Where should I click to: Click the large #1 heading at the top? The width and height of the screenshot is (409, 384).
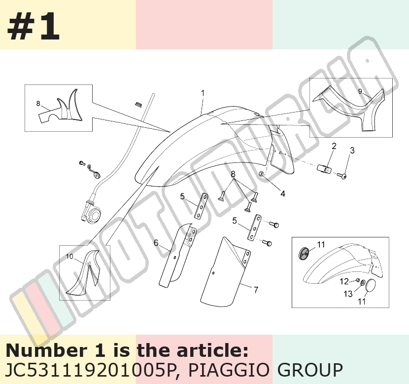pos(34,26)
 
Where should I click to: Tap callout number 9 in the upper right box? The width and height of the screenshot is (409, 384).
pos(360,91)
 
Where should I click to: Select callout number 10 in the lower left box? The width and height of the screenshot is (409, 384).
pos(69,257)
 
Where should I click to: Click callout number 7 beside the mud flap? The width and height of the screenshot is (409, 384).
pos(256,289)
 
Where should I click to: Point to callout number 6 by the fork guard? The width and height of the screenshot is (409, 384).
pos(156,243)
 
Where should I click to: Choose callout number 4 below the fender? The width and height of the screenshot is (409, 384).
pos(283,193)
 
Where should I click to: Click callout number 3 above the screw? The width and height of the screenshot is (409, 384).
pos(352,151)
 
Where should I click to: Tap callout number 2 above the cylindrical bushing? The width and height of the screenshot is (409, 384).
pos(334,146)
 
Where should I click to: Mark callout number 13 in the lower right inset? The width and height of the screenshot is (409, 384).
pos(348,294)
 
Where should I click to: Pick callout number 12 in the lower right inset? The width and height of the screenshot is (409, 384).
pos(344,281)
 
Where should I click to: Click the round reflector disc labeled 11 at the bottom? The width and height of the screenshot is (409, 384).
pos(370,285)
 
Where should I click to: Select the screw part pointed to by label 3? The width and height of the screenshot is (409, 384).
pos(341,176)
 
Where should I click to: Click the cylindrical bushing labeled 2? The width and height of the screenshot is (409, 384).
pos(324,168)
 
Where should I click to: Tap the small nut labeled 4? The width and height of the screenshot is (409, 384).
pos(261,174)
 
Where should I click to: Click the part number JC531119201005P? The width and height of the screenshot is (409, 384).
pos(91,370)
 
